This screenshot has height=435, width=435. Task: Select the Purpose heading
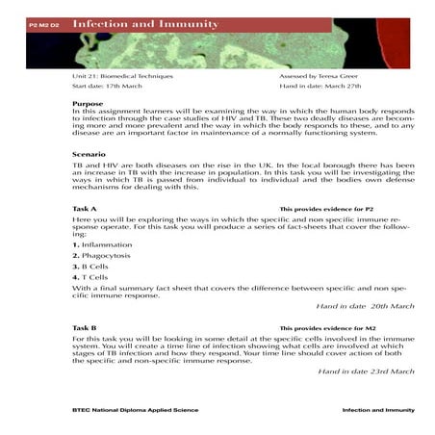90,103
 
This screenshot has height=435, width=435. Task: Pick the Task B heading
85,328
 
